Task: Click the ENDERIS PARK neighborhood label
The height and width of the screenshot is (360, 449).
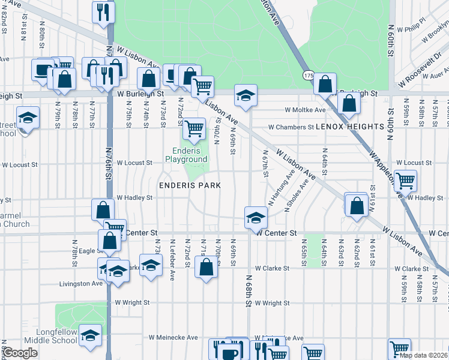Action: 190,185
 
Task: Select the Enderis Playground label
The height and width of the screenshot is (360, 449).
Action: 187,155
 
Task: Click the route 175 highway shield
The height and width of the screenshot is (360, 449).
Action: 309,76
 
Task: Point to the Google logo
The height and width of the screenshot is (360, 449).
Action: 20,353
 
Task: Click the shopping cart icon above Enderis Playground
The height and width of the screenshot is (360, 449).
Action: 193,128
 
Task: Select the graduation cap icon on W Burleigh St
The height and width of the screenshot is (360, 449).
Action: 246,95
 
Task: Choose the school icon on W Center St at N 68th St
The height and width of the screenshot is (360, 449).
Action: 256,216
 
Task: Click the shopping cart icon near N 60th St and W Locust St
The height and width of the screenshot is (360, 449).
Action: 406,179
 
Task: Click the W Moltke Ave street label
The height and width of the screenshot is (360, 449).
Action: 305,110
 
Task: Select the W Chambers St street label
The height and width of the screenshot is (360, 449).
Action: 291,127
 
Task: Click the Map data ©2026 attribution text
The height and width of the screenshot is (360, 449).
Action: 424,355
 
